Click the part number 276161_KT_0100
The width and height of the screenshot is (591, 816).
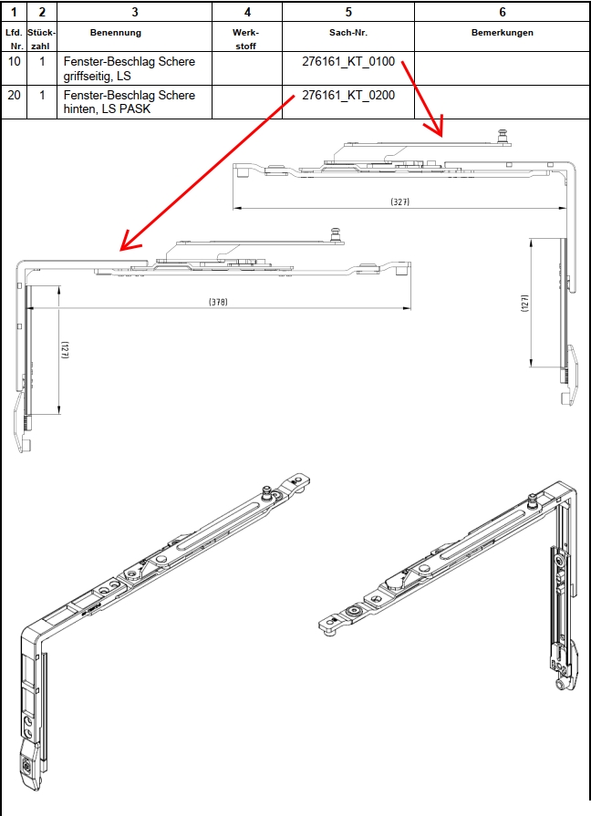point(348,61)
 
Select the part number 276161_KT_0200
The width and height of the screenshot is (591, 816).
point(348,95)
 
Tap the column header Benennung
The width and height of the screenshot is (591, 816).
point(116,33)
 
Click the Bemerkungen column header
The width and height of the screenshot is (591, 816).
point(502,33)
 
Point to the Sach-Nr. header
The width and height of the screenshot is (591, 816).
point(348,33)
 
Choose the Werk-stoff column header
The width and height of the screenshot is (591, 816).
point(245,39)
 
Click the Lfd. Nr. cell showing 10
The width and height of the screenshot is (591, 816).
point(14,61)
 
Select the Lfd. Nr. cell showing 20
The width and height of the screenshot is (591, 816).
point(14,95)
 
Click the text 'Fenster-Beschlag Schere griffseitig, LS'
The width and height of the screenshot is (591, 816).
point(130,68)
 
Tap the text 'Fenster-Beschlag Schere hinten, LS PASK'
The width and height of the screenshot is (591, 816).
point(130,102)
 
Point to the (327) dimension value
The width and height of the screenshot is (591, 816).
point(399,201)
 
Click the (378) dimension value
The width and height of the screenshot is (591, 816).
point(218,302)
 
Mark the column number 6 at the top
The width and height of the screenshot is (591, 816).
point(503,12)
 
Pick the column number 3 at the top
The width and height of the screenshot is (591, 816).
point(135,12)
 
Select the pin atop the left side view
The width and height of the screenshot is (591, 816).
point(336,234)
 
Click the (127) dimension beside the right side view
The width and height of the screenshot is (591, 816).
point(524,303)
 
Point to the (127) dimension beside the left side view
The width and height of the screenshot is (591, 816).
point(65,350)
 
